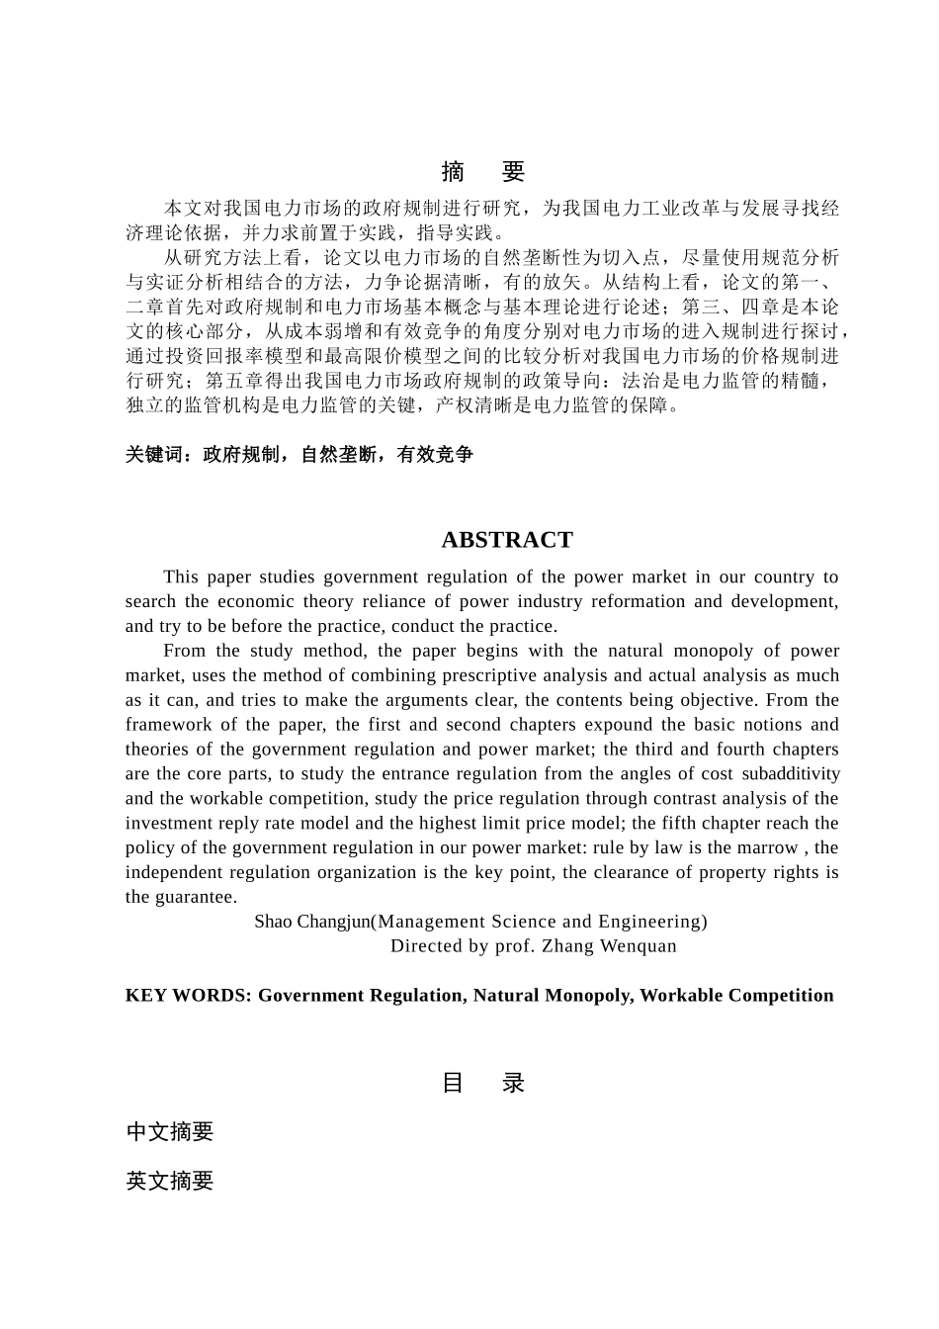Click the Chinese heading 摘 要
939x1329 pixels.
click(482, 172)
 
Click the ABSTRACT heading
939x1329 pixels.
click(507, 540)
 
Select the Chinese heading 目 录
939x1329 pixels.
click(482, 1083)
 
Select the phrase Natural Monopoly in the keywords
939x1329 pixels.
click(553, 996)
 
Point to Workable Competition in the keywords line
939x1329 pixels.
click(736, 996)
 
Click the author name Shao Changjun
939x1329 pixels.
click(311, 922)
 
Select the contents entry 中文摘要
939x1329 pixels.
click(170, 1132)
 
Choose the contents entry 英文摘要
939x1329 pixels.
click(170, 1181)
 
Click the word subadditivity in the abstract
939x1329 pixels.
click(791, 774)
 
